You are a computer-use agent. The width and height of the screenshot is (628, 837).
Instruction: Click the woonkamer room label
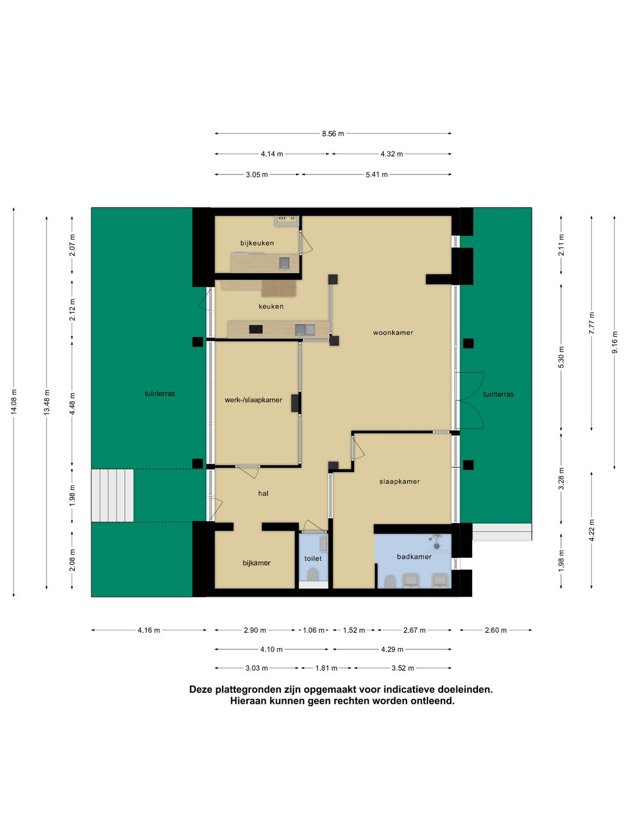click(x=393, y=333)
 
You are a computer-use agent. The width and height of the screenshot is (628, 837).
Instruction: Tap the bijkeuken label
click(x=257, y=244)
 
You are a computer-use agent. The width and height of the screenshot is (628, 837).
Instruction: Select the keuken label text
click(x=271, y=306)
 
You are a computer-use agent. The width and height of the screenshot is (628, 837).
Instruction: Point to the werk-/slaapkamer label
click(x=254, y=400)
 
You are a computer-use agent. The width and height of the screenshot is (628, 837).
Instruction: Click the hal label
click(x=263, y=493)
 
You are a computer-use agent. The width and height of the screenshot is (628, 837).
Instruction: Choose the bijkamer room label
click(x=256, y=563)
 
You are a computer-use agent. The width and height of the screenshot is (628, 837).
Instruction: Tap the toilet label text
click(x=313, y=559)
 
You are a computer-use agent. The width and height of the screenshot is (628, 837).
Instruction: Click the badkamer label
click(x=414, y=557)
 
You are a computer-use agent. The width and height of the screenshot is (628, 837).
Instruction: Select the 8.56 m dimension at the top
click(x=333, y=134)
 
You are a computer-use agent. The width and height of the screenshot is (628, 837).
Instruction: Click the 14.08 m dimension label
click(x=14, y=402)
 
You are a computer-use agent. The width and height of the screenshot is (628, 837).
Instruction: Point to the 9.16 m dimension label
click(x=615, y=343)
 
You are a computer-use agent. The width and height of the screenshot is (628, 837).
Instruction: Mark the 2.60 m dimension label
click(x=495, y=630)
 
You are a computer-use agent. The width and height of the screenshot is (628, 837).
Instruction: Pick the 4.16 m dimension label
click(x=149, y=630)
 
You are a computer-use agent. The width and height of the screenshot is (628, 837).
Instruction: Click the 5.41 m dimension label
click(x=377, y=174)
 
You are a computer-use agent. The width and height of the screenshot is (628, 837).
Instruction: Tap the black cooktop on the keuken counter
click(x=256, y=330)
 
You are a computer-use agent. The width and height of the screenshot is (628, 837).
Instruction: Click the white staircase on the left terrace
click(x=112, y=495)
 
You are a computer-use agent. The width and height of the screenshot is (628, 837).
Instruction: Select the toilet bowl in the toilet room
click(x=313, y=574)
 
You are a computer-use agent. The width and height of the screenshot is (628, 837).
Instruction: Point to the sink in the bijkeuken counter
click(x=284, y=263)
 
